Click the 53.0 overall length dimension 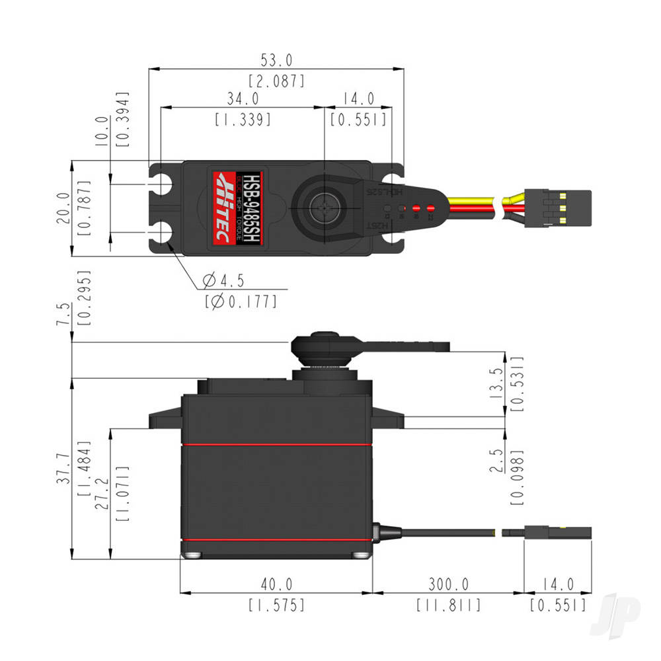(x=276, y=61)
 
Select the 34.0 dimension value (x=243, y=99)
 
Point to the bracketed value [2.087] (x=276, y=81)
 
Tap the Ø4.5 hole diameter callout (x=223, y=281)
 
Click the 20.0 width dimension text (x=64, y=208)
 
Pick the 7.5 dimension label (x=64, y=313)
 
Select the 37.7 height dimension (x=64, y=469)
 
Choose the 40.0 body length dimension (x=276, y=584)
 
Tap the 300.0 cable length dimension (x=447, y=584)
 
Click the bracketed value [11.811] (x=447, y=605)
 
